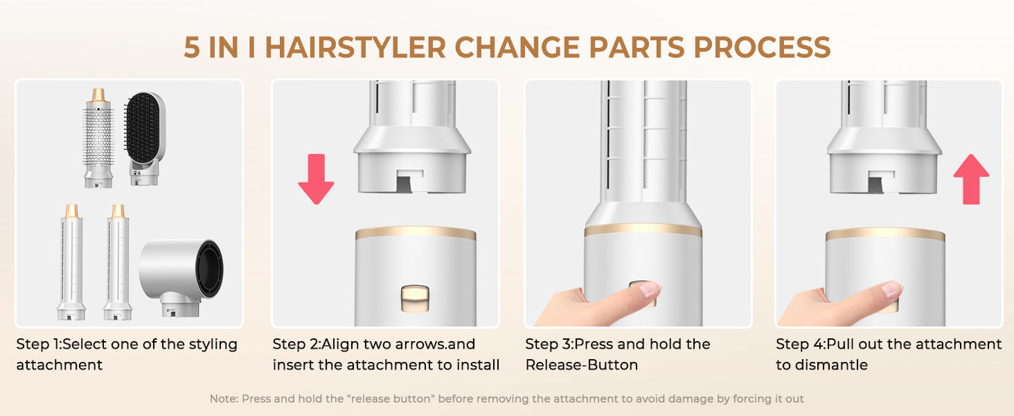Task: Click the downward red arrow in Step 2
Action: [x=316, y=179]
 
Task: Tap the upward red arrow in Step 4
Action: [x=971, y=179]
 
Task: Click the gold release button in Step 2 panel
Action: [x=415, y=298]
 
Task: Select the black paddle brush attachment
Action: [x=144, y=138]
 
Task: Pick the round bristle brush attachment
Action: [x=98, y=138]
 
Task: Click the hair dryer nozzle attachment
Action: [x=181, y=277]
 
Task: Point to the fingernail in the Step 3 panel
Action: [x=651, y=288]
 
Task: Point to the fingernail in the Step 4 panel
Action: [x=892, y=288]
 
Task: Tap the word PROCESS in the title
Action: [x=762, y=48]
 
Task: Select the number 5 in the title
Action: [x=192, y=48]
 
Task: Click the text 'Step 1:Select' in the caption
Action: [x=61, y=345]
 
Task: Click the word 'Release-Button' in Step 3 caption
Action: [x=582, y=365]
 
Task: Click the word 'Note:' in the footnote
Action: [x=224, y=399]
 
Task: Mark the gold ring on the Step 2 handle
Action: [x=416, y=233]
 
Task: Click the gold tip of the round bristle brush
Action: [x=98, y=95]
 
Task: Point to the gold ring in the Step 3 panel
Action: [x=643, y=229]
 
